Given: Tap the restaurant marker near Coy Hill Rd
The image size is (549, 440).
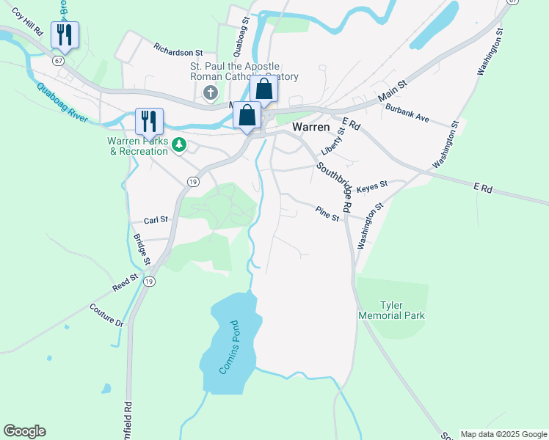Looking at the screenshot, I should pyautogui.click(x=65, y=35).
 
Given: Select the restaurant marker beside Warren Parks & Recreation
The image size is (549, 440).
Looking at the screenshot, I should pyautogui.click(x=150, y=121).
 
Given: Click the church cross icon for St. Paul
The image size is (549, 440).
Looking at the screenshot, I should pyautogui.click(x=211, y=93).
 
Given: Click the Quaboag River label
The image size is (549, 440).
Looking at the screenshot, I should pyautogui.click(x=62, y=103).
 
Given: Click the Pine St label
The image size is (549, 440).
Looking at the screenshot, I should pyautogui.click(x=327, y=213).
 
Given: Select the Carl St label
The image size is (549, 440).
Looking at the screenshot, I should pyautogui.click(x=156, y=219).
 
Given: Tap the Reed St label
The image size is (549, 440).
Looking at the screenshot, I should pyautogui.click(x=125, y=282).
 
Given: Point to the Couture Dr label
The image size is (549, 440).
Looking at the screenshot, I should pyautogui.click(x=107, y=315).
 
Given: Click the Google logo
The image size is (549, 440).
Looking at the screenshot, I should pyautogui.click(x=24, y=431).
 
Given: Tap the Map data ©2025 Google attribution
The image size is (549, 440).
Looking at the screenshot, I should pyautogui.click(x=503, y=434).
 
